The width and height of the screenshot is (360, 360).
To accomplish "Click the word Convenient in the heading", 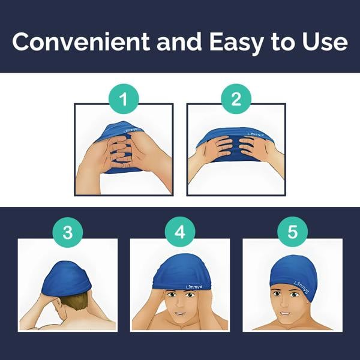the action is (x=81, y=41).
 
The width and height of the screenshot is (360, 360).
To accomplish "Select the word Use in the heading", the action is (x=325, y=42).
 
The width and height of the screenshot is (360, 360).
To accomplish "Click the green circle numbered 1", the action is (x=124, y=99).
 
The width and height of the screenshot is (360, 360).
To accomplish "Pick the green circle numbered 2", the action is (x=236, y=99).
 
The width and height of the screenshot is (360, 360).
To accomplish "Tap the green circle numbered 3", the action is (x=68, y=232).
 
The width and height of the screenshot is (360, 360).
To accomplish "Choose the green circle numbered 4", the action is (x=180, y=232).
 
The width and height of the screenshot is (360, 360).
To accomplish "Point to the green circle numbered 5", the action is (x=292, y=232).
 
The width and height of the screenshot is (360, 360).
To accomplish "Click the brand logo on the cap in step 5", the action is (x=301, y=287).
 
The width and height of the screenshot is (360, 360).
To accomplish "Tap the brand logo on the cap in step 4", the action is (x=194, y=287).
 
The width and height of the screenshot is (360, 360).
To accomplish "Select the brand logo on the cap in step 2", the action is (x=256, y=134).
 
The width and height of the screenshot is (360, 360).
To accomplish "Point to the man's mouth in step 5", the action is (x=284, y=313).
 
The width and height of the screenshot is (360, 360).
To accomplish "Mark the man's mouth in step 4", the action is (x=180, y=313).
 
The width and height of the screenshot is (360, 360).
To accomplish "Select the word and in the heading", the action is (x=179, y=41).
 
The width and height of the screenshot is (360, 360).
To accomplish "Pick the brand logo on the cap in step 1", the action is (x=130, y=130).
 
